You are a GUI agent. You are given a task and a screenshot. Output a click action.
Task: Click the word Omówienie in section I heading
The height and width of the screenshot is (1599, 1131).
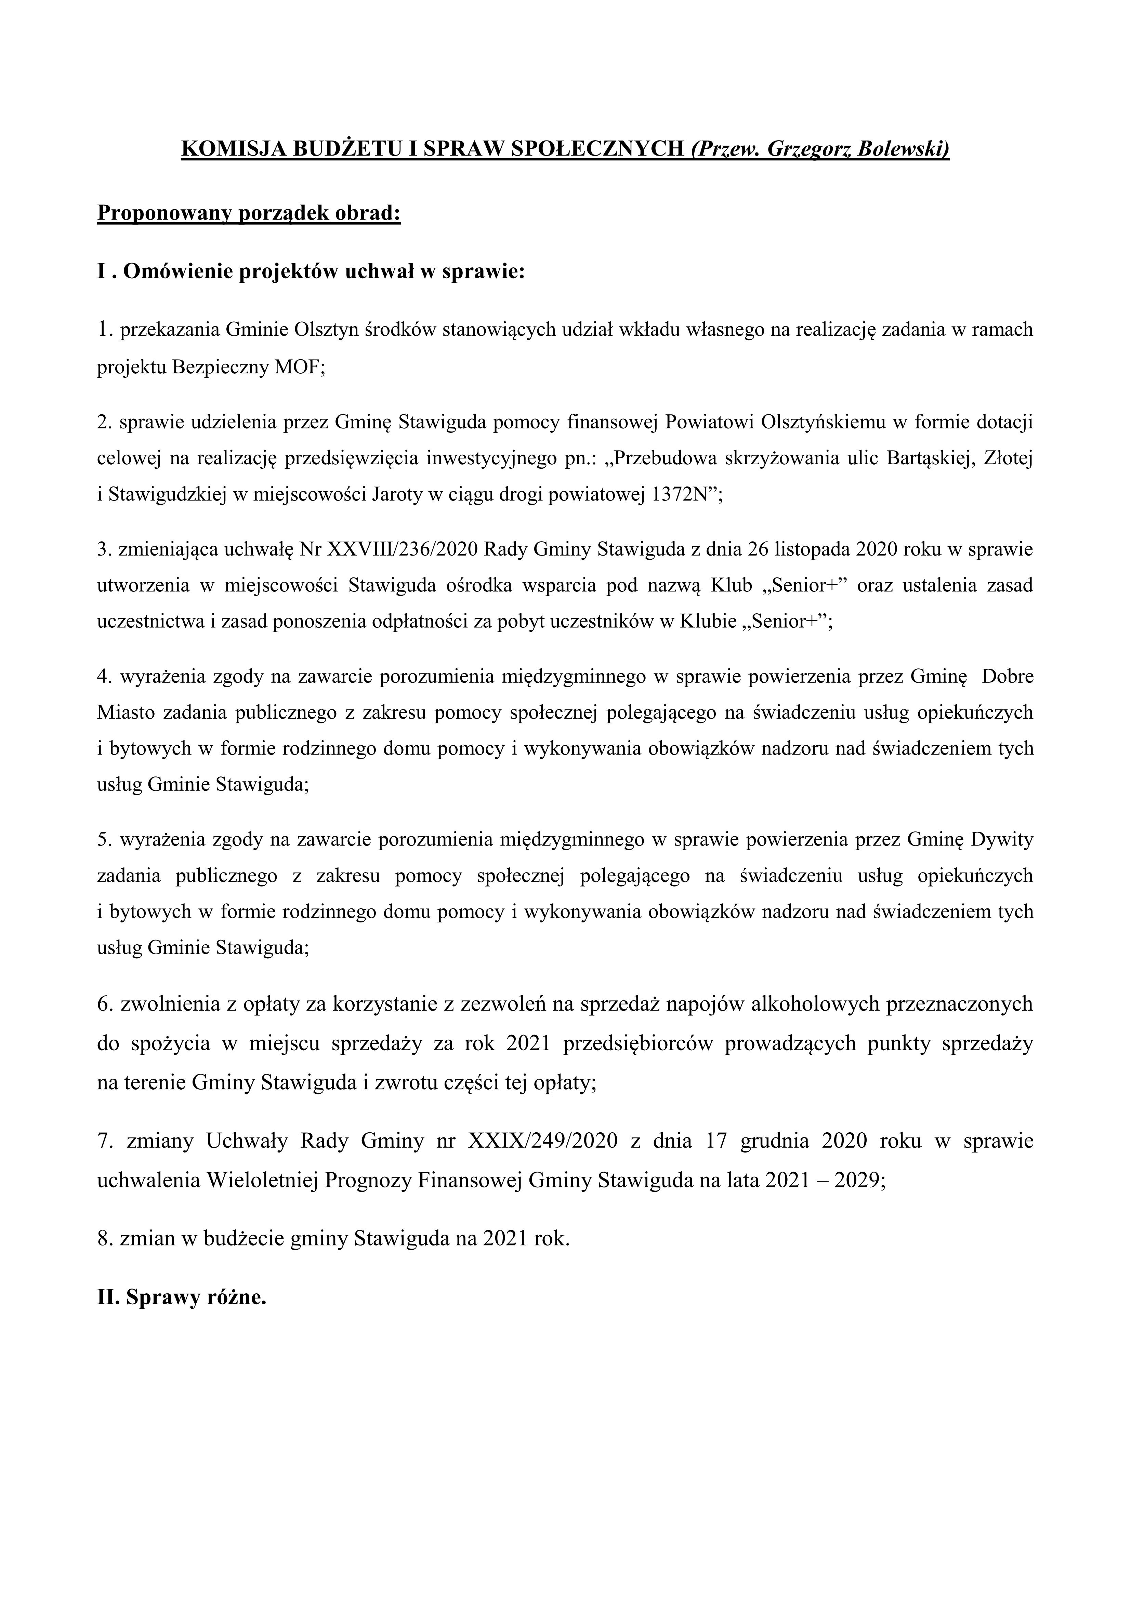tap(178, 271)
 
